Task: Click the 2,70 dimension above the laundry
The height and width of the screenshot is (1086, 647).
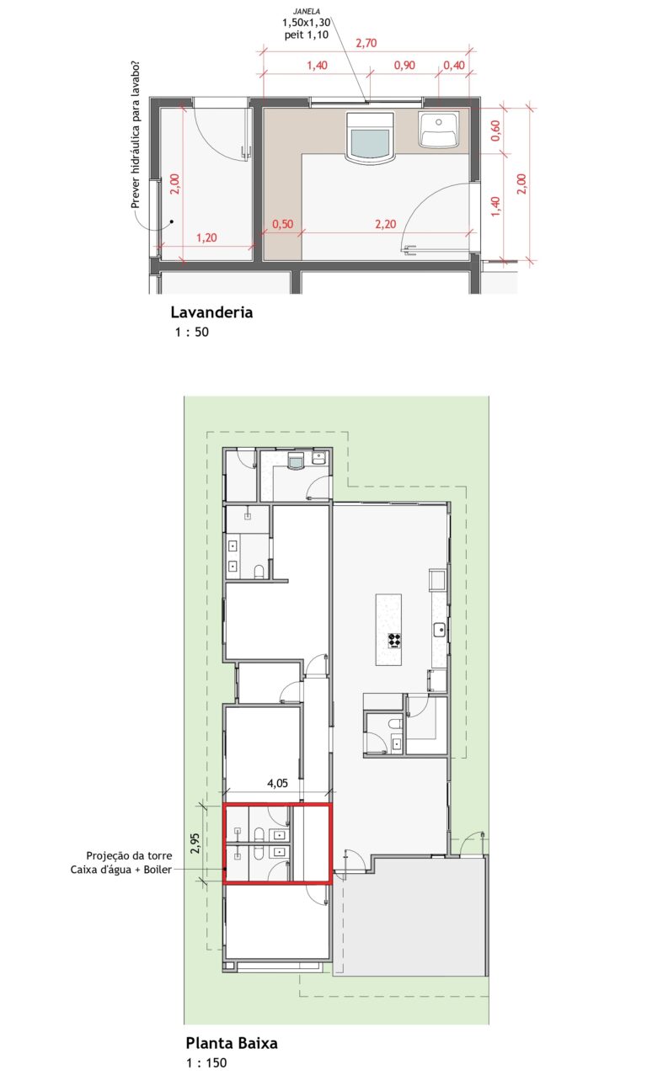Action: point(366,43)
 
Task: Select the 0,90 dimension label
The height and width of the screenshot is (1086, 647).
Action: point(404,66)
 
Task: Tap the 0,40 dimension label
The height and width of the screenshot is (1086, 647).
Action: point(454,66)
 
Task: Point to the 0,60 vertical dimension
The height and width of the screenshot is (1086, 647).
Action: point(495,130)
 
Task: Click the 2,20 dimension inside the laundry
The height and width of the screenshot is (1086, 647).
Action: point(386,224)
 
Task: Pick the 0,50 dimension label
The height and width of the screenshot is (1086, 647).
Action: point(283,224)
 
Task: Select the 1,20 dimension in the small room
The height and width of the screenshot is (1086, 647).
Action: point(206,237)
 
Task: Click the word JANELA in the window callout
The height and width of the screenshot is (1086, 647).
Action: point(307,11)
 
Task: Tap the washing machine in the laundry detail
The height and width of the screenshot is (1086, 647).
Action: point(370,137)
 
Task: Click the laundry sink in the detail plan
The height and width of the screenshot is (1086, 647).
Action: point(438,129)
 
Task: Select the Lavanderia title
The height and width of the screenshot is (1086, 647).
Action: point(211,312)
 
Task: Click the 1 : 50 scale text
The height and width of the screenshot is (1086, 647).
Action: point(192,332)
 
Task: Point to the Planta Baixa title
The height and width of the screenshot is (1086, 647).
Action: point(232,1043)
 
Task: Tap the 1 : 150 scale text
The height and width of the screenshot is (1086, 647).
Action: point(206,1062)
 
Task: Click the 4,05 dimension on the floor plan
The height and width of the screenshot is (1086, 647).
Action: point(277,783)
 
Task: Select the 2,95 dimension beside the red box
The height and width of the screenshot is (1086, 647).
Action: point(195,844)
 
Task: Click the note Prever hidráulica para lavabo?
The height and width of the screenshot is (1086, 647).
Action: point(136,135)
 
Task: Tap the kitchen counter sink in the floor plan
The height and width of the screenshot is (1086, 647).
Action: point(440,630)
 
